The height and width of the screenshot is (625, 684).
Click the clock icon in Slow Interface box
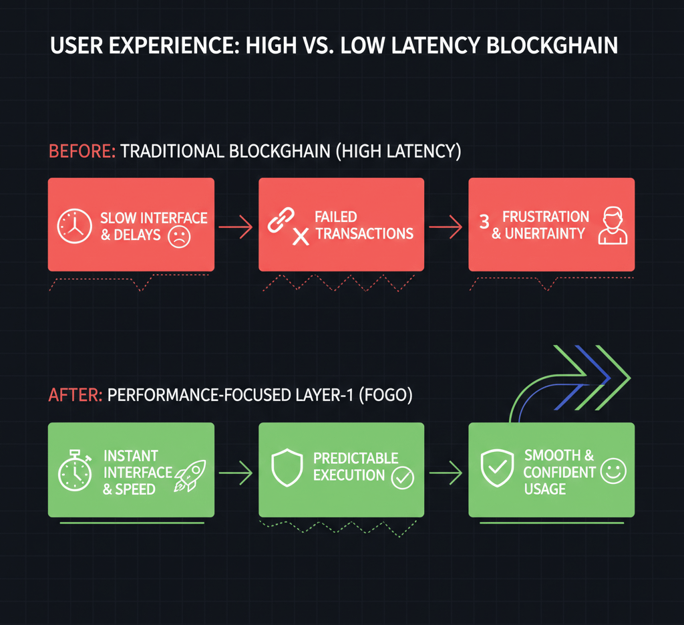(75, 225)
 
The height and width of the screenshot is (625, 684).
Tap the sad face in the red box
(178, 237)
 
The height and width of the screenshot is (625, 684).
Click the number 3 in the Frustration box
(484, 223)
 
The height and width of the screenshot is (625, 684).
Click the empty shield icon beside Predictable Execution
(286, 468)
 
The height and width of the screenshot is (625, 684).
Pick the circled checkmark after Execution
(403, 478)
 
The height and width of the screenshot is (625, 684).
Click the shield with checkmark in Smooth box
(497, 468)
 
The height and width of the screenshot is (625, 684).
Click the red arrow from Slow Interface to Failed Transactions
(236, 229)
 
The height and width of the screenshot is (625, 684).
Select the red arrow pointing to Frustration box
(446, 229)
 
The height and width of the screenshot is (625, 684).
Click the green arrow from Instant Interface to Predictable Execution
(236, 474)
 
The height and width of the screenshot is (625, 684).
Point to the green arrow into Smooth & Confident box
(446, 474)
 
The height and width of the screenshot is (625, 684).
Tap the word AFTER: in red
(75, 396)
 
